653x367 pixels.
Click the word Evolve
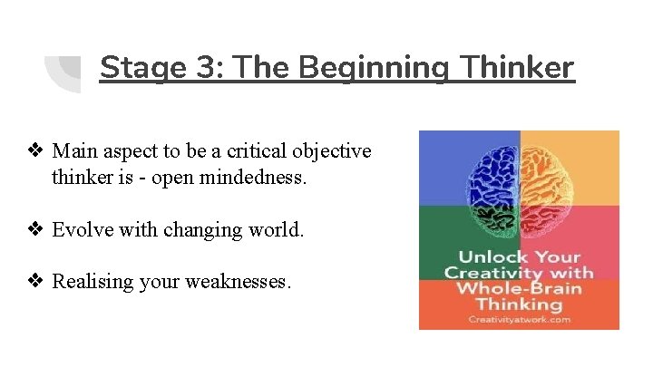pyautogui.click(x=79, y=230)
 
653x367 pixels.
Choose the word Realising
pyautogui.click(x=90, y=282)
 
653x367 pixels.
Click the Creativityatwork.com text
pyautogui.click(x=519, y=319)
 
